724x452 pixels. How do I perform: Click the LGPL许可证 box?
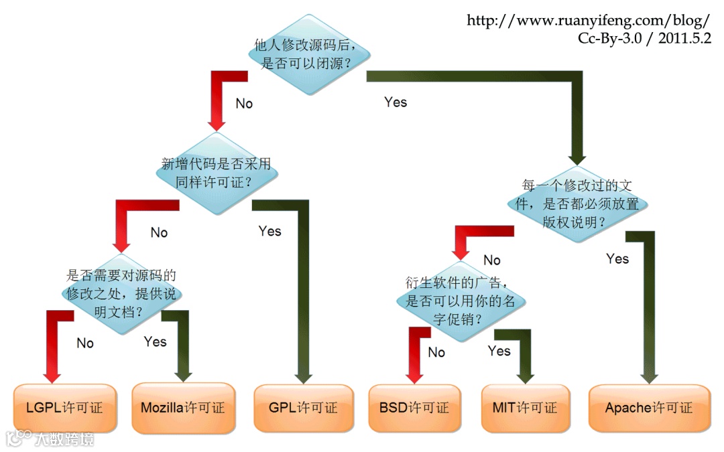tap(64, 408)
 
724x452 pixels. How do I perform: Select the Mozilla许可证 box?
tap(183, 408)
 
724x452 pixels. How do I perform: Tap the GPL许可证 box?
tap(303, 408)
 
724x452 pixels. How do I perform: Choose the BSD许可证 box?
tap(414, 408)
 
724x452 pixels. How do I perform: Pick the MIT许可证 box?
tap(525, 408)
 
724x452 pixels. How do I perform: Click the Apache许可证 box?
tap(649, 408)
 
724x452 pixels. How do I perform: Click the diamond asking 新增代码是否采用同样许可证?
tap(216, 173)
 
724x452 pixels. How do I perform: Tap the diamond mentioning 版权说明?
tap(578, 204)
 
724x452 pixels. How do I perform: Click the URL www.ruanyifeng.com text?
tap(588, 20)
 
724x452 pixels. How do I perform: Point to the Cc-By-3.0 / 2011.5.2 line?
tap(644, 37)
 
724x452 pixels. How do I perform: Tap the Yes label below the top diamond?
tap(396, 102)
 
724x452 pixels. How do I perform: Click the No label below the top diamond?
tap(244, 104)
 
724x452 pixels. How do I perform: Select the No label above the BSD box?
tap(436, 352)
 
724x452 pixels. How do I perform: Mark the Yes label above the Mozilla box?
tap(155, 342)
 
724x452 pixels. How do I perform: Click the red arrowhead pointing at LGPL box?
tap(51, 373)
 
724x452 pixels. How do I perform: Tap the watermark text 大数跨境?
tap(64, 439)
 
